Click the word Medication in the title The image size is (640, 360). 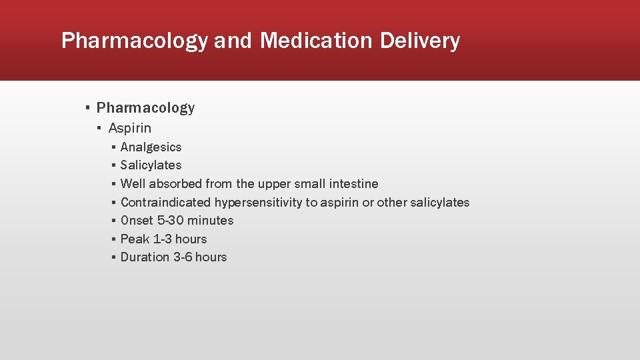pyautogui.click(x=317, y=41)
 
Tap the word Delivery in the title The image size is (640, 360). pyautogui.click(x=420, y=41)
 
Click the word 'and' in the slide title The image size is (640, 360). pyautogui.click(x=233, y=41)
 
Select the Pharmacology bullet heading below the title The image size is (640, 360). pyautogui.click(x=145, y=108)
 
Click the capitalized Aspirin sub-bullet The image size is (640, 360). pyautogui.click(x=130, y=128)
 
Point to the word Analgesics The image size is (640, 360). pyautogui.click(x=151, y=147)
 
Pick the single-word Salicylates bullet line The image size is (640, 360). pyautogui.click(x=151, y=165)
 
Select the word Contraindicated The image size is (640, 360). pyautogui.click(x=165, y=203)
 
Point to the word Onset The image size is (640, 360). pyautogui.click(x=137, y=221)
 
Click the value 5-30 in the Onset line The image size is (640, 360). pyautogui.click(x=170, y=221)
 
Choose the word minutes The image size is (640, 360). pyautogui.click(x=211, y=221)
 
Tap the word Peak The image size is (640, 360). pyautogui.click(x=135, y=239)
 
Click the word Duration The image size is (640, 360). pyautogui.click(x=145, y=257)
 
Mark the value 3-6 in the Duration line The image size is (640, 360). pyautogui.click(x=183, y=257)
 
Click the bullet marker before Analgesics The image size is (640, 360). pyautogui.click(x=114, y=147)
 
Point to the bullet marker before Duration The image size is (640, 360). pyautogui.click(x=114, y=257)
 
